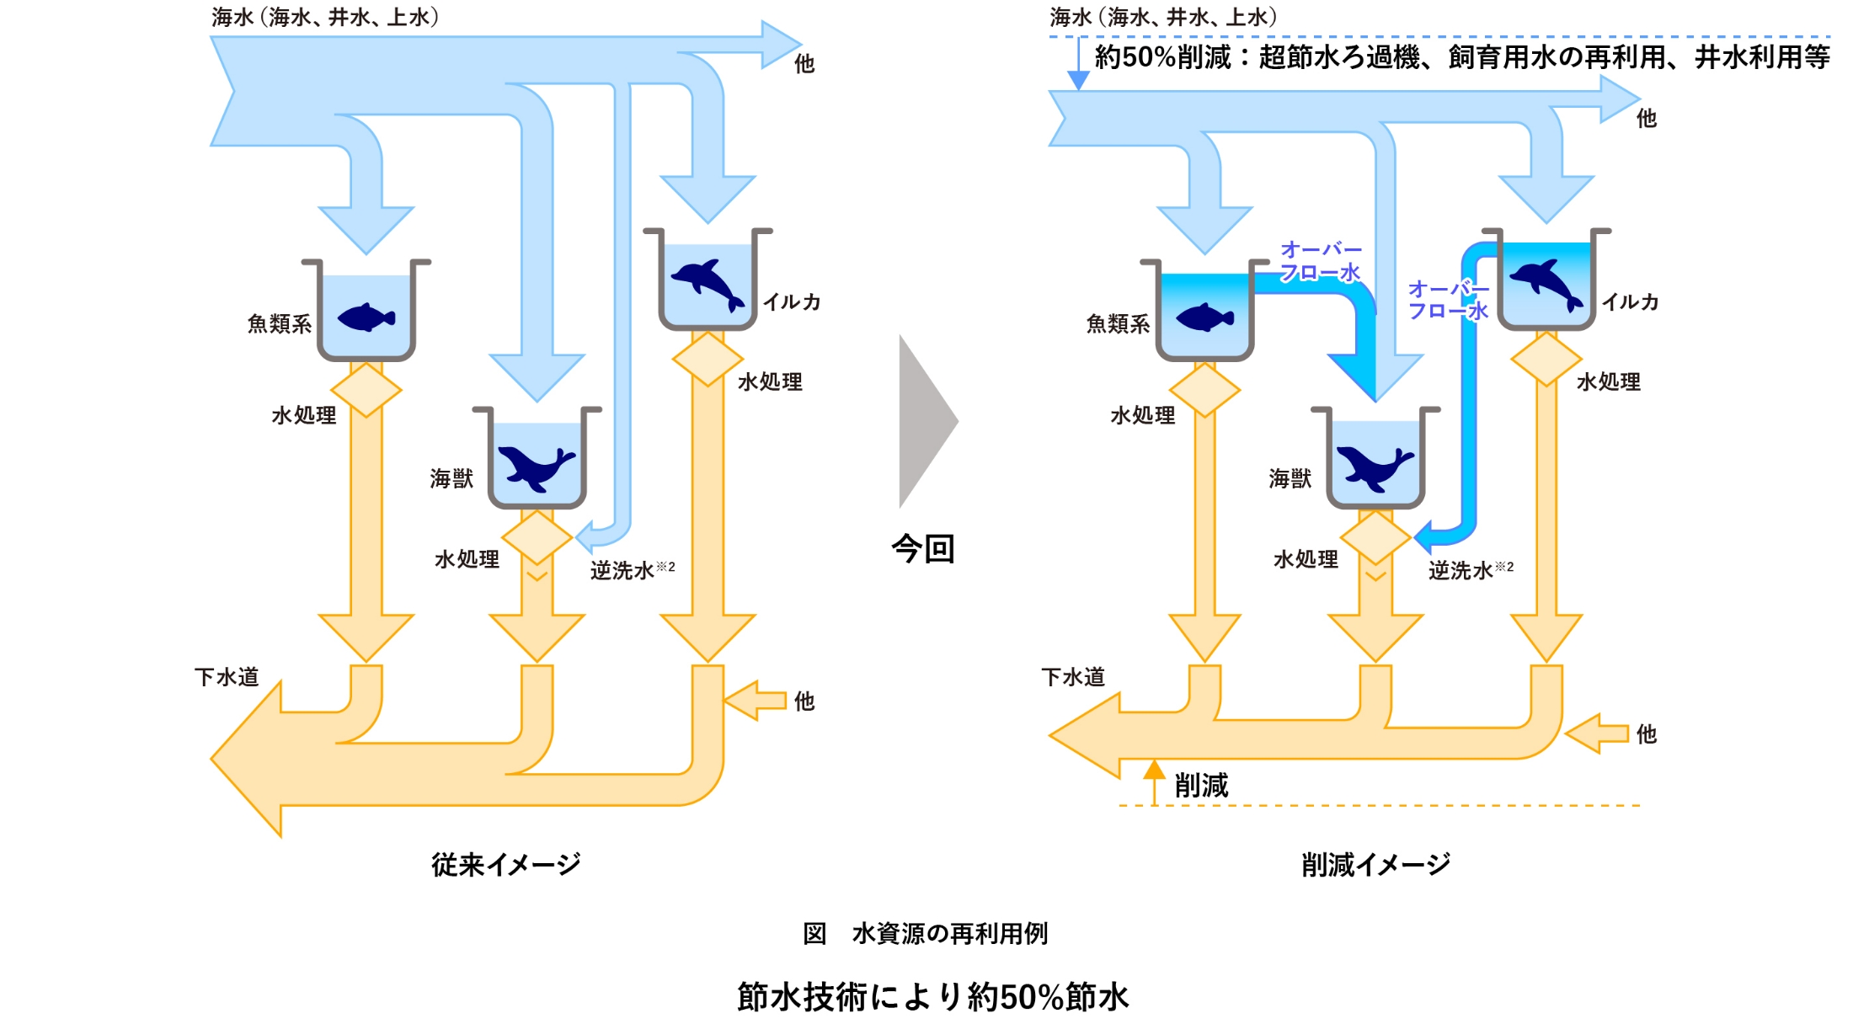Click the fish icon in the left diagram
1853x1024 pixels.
[366, 317]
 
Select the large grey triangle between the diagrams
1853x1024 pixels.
[925, 421]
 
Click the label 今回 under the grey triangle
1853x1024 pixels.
[923, 549]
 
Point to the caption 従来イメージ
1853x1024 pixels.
[506, 864]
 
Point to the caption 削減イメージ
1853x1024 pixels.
[1376, 864]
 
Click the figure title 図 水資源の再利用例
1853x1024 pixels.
[925, 933]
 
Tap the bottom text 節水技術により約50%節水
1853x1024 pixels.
[932, 996]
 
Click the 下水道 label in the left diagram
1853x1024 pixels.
[227, 677]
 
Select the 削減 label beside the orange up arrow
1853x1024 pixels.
[1201, 786]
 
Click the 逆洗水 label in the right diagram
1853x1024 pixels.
[1461, 571]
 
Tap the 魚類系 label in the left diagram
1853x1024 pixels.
[279, 324]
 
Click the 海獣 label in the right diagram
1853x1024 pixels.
[1290, 479]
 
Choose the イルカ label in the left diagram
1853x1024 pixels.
[792, 302]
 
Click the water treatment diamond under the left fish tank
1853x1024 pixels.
[366, 390]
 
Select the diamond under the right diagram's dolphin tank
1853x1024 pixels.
[1546, 359]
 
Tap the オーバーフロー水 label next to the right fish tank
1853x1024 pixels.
[1321, 261]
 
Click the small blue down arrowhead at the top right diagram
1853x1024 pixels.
[1078, 80]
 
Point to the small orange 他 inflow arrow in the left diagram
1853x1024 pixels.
[754, 701]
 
